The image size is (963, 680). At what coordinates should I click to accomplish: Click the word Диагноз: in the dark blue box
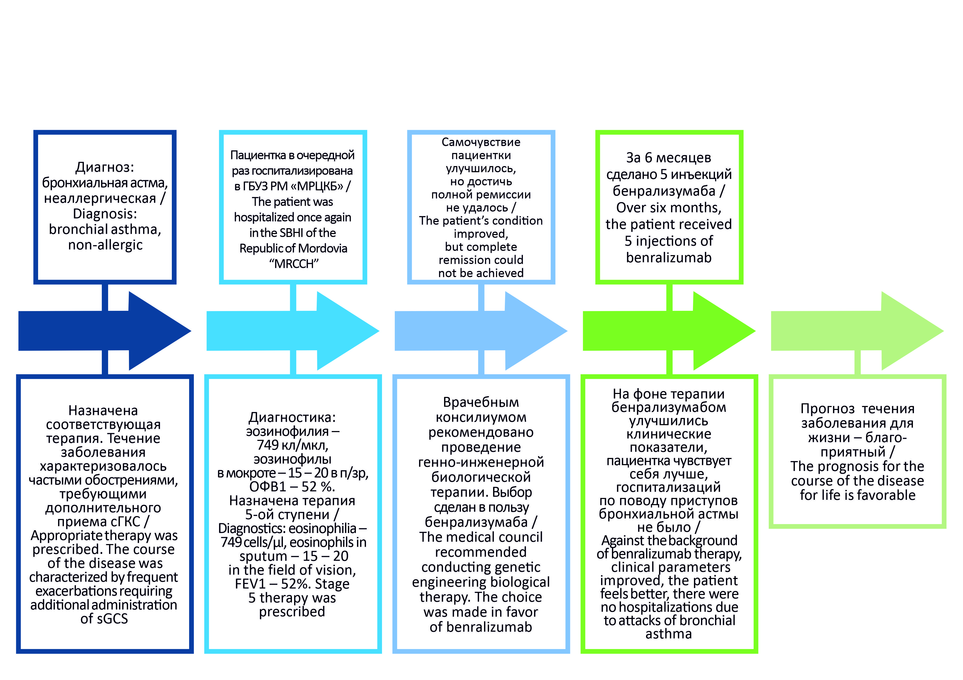[x=105, y=167]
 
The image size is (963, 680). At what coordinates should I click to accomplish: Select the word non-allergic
[x=105, y=245]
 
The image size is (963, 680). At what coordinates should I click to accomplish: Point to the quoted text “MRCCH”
[x=294, y=264]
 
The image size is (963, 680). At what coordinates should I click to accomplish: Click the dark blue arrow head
[x=157, y=331]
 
